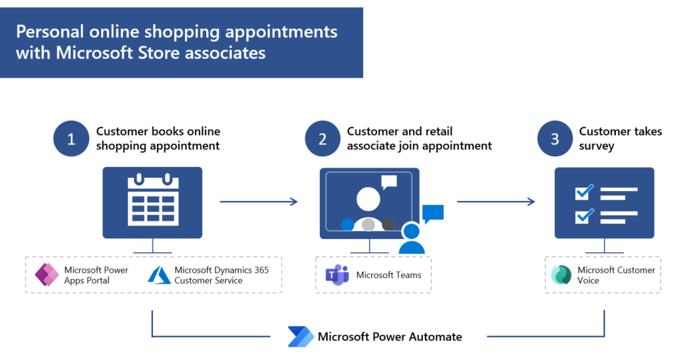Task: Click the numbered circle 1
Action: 71,139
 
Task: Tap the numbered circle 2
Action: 323,139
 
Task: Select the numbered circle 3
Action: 555,139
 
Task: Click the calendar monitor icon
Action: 153,202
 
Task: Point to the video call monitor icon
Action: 369,202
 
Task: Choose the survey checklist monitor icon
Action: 604,202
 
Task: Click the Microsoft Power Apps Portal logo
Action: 47,275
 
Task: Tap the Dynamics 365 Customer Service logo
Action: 160,275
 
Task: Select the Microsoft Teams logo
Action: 337,275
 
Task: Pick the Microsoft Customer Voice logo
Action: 561,275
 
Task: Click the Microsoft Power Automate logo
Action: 301,337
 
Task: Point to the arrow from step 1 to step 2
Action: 258,201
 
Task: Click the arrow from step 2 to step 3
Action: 495,201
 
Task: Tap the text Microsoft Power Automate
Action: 390,337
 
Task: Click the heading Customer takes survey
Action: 620,138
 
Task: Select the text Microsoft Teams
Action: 388,275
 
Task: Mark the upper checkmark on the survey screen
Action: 584,192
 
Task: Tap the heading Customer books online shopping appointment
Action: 158,138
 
